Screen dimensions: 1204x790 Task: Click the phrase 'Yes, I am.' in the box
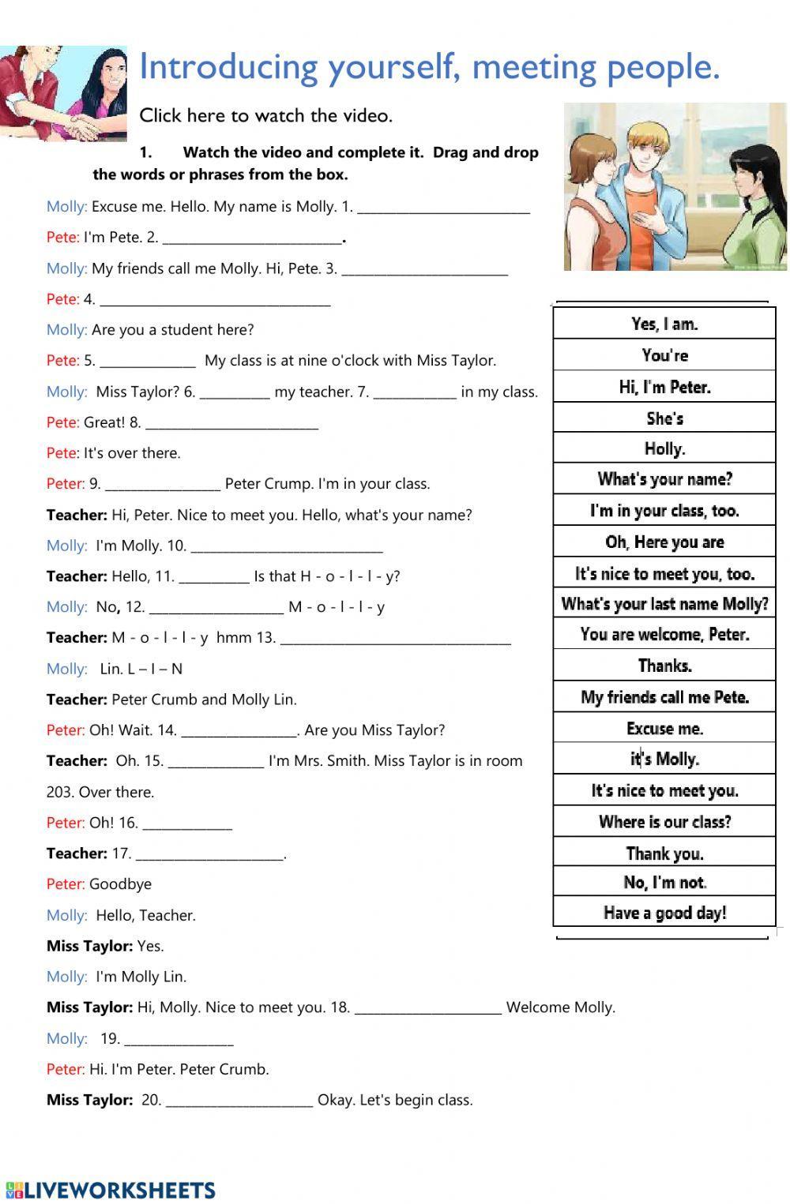[664, 324]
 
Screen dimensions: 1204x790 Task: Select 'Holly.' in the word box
[664, 448]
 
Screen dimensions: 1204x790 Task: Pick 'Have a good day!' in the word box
[664, 913]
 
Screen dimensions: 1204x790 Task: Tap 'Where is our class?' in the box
[664, 822]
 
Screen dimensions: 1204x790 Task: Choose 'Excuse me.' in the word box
[664, 728]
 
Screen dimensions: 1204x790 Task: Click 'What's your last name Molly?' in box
[664, 604]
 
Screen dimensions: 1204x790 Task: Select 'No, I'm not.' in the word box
[664, 882]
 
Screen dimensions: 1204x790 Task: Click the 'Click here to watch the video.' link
[265, 115]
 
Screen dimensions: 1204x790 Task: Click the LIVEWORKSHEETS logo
[111, 1190]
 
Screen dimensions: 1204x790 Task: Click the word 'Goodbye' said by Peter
[120, 884]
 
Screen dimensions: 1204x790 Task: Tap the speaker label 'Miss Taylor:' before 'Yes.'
[89, 946]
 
